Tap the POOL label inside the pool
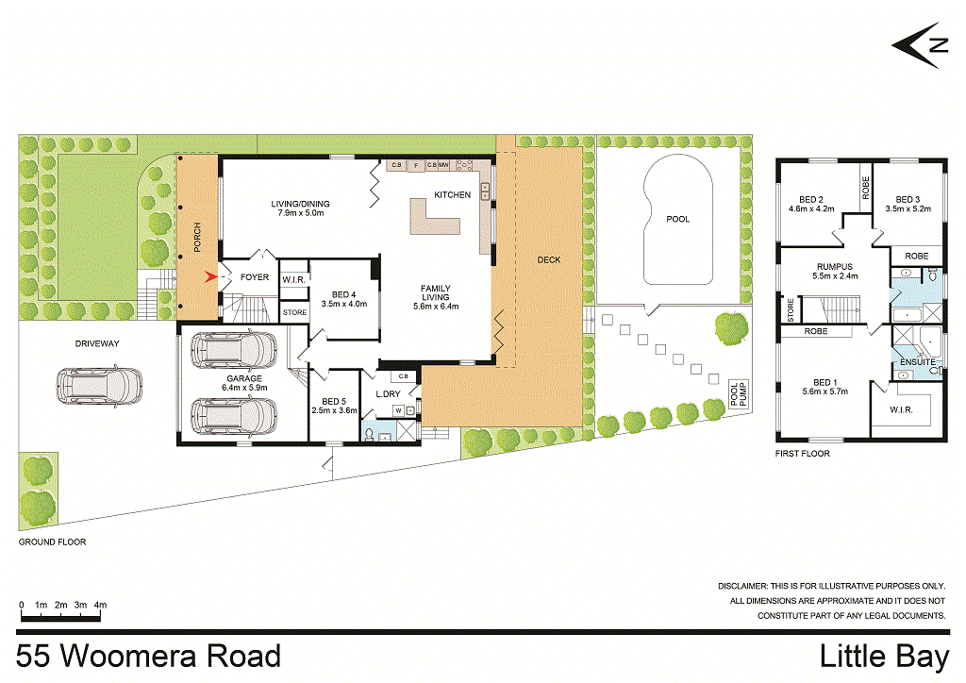click(x=677, y=219)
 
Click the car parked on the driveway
click(x=99, y=386)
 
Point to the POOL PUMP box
click(x=739, y=394)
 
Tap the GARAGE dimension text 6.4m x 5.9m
click(x=244, y=387)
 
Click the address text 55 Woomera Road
click(x=148, y=656)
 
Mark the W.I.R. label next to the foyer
click(x=291, y=278)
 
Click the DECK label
click(x=548, y=259)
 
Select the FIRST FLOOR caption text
click(x=802, y=454)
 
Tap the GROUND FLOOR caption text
click(x=53, y=542)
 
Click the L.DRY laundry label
click(x=390, y=393)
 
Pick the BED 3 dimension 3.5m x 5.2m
click(x=908, y=209)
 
